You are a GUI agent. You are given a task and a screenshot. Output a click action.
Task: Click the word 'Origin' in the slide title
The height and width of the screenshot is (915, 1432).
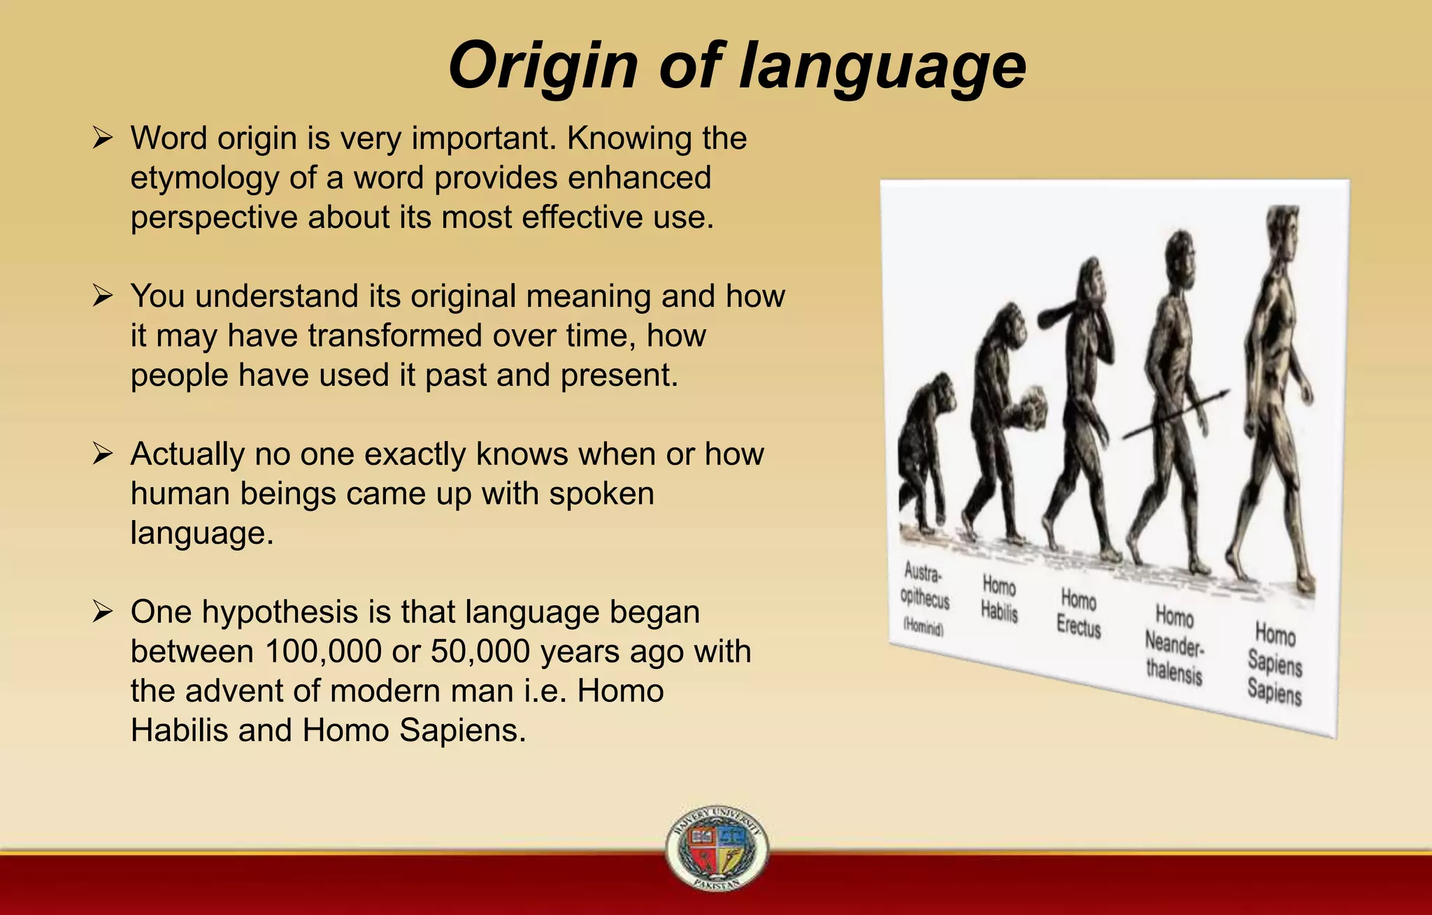[543, 66]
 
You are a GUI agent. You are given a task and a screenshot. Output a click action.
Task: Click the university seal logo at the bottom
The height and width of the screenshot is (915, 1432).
[717, 848]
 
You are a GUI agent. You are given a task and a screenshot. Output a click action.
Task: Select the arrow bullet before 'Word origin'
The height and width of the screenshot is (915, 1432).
[103, 138]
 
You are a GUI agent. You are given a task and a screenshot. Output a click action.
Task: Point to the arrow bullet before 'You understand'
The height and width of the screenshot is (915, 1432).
[103, 296]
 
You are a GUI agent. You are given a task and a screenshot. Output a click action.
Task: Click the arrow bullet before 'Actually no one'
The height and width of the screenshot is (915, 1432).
[103, 454]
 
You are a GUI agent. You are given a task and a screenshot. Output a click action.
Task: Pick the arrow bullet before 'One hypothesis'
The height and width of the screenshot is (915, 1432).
[103, 612]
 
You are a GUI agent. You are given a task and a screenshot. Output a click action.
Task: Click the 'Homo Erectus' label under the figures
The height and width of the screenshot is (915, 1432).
[1078, 613]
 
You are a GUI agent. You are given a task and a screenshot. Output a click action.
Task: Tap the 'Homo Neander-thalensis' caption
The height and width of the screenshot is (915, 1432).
[1174, 645]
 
